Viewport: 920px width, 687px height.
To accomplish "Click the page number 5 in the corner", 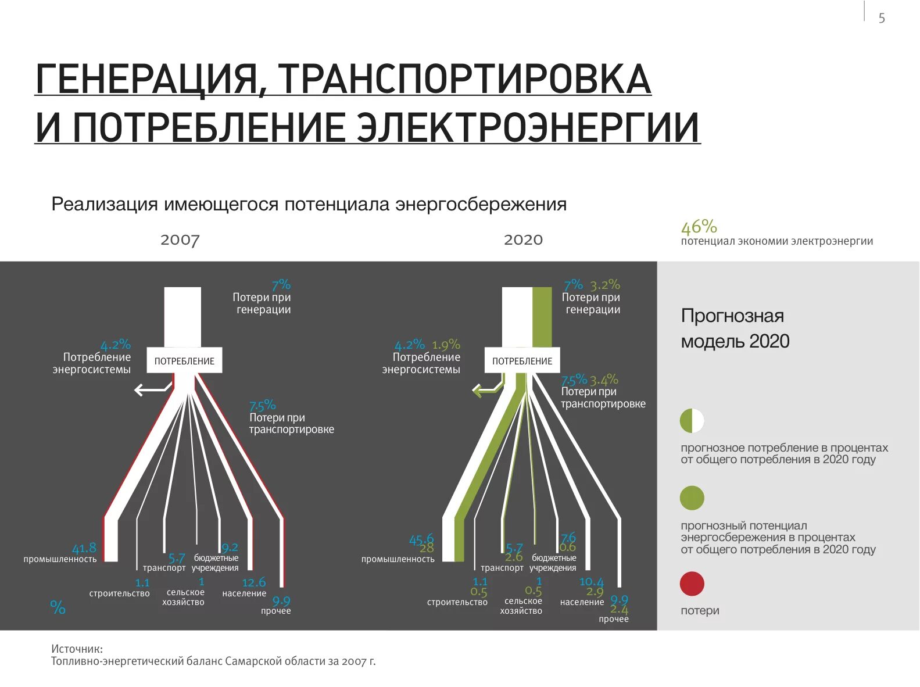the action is point(882,18).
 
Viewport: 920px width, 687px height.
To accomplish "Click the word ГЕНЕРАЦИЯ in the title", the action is point(145,79).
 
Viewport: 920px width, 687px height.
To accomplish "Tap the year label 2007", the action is point(180,240).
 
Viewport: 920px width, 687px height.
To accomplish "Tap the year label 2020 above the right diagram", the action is point(523,240).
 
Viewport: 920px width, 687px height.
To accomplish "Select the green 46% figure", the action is point(699,227).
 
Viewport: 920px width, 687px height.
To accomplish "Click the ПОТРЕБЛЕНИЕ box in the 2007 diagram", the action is point(184,361).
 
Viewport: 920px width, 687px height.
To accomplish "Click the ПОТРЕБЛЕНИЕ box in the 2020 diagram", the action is point(522,361).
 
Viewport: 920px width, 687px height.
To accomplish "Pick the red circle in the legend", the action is point(692,584).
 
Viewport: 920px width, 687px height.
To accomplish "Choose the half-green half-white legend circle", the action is point(692,421).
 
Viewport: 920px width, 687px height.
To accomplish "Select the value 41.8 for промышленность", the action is point(84,548).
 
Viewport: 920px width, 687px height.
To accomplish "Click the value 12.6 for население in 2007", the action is point(253,582).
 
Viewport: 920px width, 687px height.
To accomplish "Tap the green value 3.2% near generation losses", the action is point(605,285).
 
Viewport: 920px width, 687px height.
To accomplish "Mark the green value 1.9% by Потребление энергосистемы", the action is point(446,345).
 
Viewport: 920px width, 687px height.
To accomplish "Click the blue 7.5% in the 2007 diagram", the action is point(262,405).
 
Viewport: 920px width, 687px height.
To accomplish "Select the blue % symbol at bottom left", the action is point(58,607).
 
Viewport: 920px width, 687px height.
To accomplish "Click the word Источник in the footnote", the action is point(77,649).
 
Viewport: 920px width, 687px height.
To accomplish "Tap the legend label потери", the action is point(700,610).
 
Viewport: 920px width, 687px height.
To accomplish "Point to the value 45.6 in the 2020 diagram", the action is point(421,539).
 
